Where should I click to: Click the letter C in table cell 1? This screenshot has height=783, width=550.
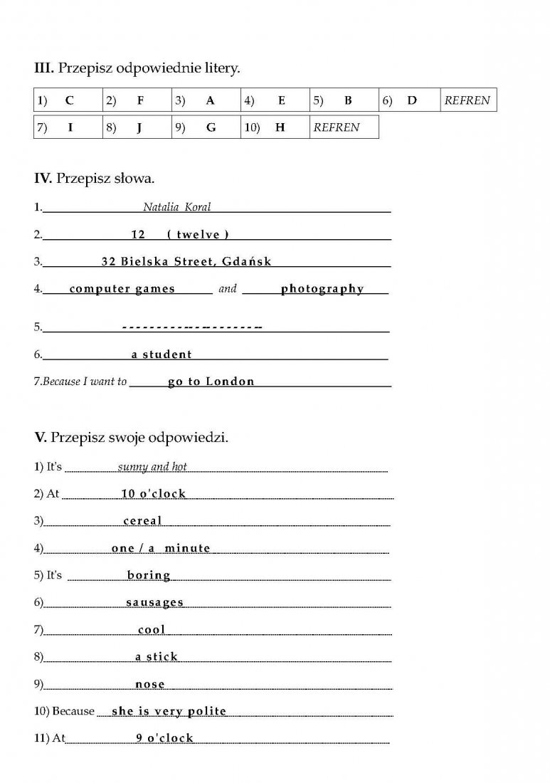click(69, 100)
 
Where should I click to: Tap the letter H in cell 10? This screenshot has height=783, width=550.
click(280, 127)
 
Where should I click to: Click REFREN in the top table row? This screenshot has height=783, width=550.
click(467, 100)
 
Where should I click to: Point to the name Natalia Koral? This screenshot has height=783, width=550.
click(176, 207)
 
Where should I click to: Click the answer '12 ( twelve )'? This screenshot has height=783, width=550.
click(180, 234)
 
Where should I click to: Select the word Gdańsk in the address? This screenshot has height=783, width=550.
click(247, 261)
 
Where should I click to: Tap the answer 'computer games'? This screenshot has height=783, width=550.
click(122, 288)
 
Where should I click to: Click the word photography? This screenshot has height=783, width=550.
click(322, 288)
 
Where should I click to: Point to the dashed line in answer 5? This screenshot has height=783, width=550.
click(192, 327)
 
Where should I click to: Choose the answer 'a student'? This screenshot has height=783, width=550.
click(162, 354)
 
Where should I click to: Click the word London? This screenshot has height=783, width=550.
click(230, 382)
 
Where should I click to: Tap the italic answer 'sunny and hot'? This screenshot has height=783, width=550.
click(152, 467)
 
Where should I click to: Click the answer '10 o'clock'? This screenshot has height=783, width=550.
click(153, 493)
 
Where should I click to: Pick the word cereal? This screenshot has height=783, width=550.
click(142, 520)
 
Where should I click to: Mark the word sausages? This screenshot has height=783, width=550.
click(154, 602)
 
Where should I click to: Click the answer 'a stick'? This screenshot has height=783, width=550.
click(157, 656)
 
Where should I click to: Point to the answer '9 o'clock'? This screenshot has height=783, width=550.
click(164, 737)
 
